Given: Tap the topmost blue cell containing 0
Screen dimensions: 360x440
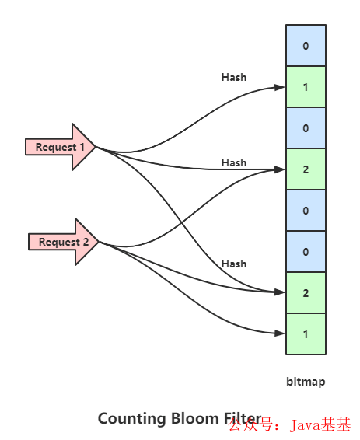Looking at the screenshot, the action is [x=306, y=45].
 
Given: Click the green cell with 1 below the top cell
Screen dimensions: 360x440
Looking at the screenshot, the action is [x=306, y=87].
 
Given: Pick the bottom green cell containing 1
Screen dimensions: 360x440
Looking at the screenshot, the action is [x=306, y=334].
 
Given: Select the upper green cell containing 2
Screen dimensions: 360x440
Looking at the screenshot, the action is [x=306, y=169].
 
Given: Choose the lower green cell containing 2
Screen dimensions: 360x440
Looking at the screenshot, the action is [x=306, y=292].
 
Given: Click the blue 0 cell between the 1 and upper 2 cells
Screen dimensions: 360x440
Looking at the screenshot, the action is [x=306, y=128].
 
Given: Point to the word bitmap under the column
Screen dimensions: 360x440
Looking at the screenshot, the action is [x=306, y=382].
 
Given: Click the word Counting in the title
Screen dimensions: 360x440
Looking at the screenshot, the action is [x=131, y=419].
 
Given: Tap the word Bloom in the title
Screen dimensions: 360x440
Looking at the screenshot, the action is [x=194, y=418].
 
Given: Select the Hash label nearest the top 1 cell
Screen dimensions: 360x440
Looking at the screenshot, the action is [x=234, y=77].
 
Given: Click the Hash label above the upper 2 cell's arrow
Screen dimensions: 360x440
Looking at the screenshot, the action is [x=234, y=162].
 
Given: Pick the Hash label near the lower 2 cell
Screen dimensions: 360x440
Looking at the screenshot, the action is [x=234, y=264].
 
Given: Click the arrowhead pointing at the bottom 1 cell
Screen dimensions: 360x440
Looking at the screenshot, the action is [x=280, y=333].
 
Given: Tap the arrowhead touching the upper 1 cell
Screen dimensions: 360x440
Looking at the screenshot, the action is [x=280, y=87].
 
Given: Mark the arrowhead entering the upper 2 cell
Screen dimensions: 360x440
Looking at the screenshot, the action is [x=280, y=169].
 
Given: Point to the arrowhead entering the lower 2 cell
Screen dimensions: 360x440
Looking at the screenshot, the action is [x=280, y=292].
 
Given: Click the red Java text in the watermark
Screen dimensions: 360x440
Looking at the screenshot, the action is [x=306, y=425].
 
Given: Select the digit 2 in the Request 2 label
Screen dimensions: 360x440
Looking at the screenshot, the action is [x=86, y=242].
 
